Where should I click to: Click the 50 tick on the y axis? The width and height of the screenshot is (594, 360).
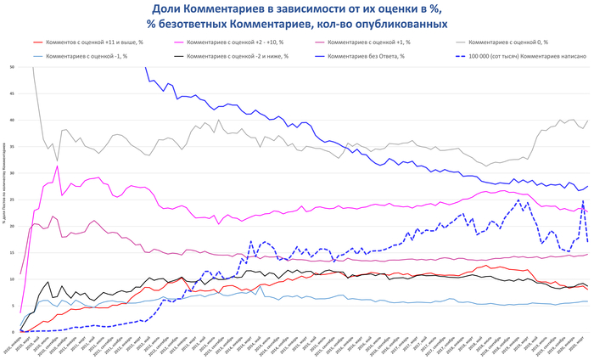[x=11, y=67]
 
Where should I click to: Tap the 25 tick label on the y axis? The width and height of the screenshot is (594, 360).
[x=11, y=200]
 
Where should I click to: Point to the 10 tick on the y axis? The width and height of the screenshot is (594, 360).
[x=11, y=279]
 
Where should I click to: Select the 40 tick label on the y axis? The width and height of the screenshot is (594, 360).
[x=11, y=121]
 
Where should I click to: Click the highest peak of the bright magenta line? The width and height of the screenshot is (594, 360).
[x=58, y=166]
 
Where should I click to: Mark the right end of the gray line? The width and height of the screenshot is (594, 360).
[x=587, y=121]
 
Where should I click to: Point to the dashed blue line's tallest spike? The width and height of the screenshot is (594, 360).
[x=583, y=200]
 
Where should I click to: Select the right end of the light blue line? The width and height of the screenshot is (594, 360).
[x=587, y=301]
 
